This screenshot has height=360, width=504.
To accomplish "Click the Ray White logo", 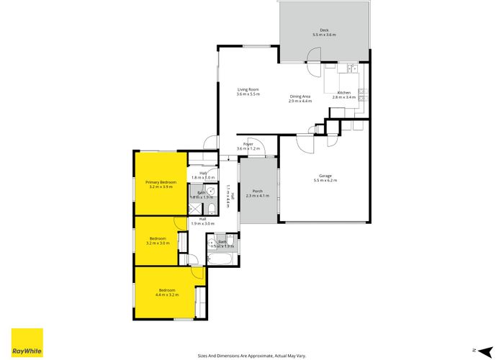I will tap(27, 342).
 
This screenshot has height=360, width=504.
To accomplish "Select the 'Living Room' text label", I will tap(248, 89).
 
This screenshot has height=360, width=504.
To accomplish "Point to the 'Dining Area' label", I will tap(300, 96).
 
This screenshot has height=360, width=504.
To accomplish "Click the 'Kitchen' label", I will tap(344, 92).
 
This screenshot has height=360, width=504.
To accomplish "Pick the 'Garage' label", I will tap(325, 176).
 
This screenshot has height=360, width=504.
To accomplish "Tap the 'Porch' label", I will tap(257, 192).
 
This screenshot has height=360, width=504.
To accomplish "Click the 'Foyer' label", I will tap(248, 145).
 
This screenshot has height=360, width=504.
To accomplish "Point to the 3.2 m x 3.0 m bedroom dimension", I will tap(158, 243).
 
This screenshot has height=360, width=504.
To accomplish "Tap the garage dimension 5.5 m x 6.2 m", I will tap(325, 181).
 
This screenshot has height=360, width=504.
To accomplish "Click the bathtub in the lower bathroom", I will tap(220, 257).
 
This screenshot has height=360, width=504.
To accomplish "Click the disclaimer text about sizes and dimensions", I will tap(251, 355).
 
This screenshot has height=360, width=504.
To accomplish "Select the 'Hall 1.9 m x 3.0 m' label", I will tap(202, 222).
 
